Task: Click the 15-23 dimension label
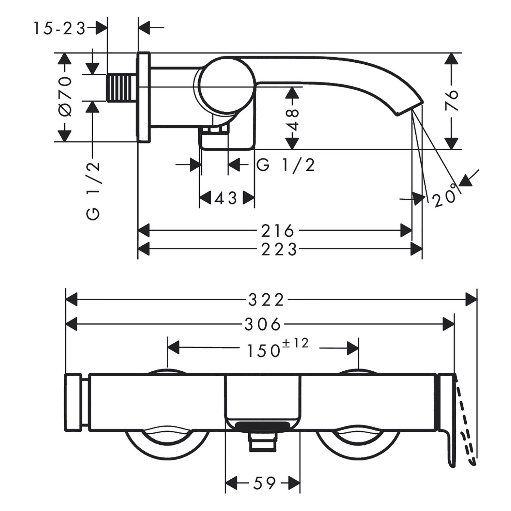point(59,29)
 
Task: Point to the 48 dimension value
point(293,120)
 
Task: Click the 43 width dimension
point(226,198)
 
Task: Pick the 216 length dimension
point(278,231)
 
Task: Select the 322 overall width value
point(266,300)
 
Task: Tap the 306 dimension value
point(263,324)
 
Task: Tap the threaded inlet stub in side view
point(122,88)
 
